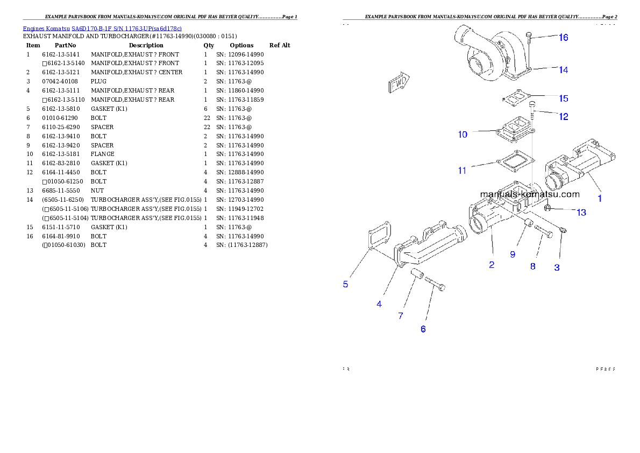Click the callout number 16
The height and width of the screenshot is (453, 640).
[563, 38]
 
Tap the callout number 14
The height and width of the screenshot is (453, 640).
[563, 70]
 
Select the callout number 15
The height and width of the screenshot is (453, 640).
[563, 98]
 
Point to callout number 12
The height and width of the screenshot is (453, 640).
[563, 116]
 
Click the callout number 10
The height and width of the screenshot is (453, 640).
[463, 135]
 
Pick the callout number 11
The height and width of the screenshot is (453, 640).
[462, 171]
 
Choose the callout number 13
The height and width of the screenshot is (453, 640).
[581, 213]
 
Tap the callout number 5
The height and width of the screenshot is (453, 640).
[346, 284]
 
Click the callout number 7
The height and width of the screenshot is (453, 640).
[401, 316]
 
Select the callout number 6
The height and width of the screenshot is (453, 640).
[423, 329]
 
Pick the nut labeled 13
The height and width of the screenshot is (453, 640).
[547, 208]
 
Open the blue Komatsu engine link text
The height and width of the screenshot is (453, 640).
[102, 28]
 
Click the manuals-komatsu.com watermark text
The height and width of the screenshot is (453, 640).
[529, 194]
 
